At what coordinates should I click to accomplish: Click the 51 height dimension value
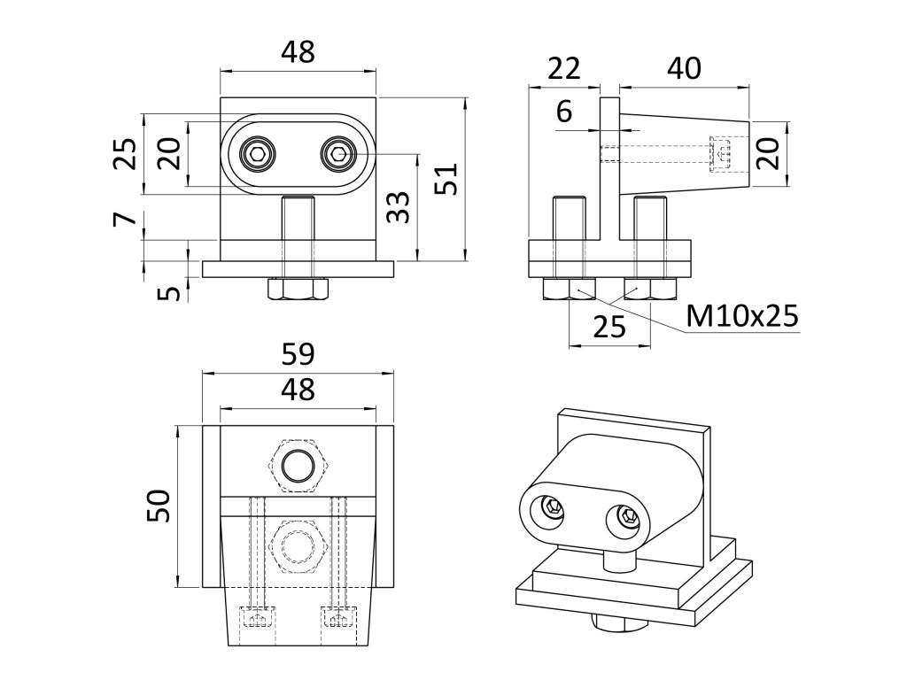pos(446,181)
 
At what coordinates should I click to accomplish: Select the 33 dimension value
pos(399,208)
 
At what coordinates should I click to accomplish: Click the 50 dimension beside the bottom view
pos(159,506)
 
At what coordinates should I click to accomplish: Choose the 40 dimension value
pos(684,68)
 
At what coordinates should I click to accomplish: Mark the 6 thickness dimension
pos(563,112)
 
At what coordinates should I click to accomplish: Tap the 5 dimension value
pos(168,290)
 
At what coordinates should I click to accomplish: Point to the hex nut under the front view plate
pos(297,289)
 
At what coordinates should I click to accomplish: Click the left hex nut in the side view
pos(568,288)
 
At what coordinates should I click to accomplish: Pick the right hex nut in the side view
pos(649,288)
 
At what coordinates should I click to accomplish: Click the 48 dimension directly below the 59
pos(298,390)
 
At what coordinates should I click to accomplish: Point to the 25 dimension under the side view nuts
pos(609,327)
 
